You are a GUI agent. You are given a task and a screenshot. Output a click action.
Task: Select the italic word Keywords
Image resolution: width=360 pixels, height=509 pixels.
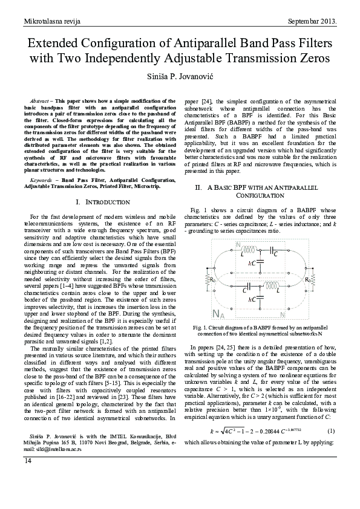(x=41, y=180)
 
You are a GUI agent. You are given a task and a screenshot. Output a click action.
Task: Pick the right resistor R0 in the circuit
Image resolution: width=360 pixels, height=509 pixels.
(x=309, y=279)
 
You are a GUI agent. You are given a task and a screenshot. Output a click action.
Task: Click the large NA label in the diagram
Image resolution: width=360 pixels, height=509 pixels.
(x=220, y=313)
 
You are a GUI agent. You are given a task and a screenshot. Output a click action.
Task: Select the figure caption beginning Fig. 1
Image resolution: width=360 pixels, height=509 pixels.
(x=261, y=329)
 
